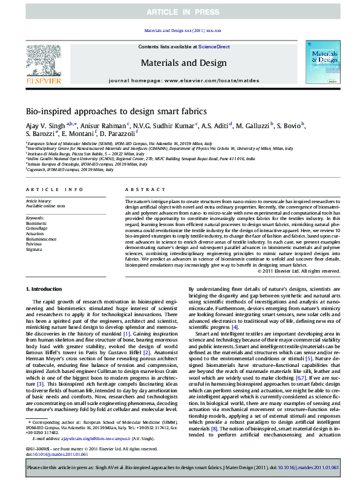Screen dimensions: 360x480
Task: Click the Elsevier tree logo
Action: (43, 62)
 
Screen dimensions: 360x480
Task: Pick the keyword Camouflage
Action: (37, 228)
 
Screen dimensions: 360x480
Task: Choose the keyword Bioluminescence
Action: (41, 239)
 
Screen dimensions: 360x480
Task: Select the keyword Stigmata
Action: (34, 249)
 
